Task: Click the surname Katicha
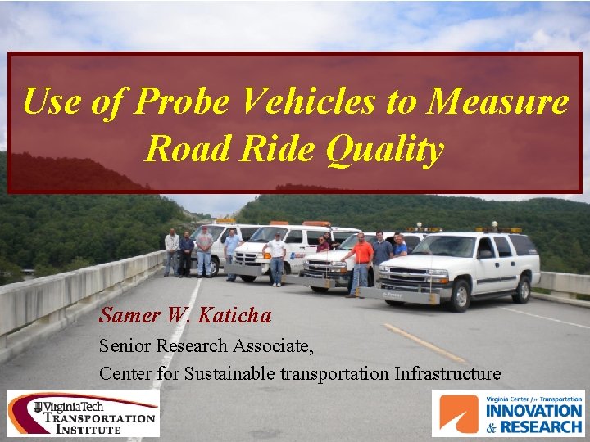click(244, 314)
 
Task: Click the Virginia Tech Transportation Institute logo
click(83, 413)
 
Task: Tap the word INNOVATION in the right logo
click(533, 411)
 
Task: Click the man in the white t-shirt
click(277, 255)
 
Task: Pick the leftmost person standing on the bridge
click(171, 251)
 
